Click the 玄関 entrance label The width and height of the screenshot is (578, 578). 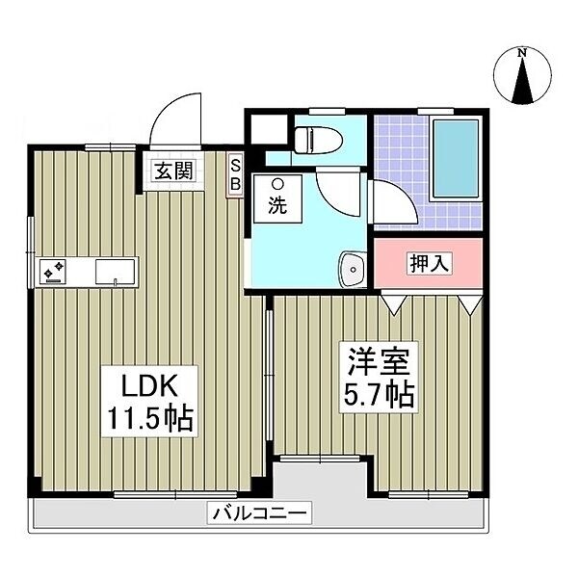(x=174, y=172)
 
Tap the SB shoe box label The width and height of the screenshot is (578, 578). (x=235, y=174)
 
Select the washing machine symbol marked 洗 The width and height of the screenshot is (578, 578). (x=276, y=197)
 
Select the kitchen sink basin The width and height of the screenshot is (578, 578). (x=115, y=271)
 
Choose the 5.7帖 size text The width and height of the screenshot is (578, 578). (x=380, y=395)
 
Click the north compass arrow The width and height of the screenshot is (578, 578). (x=522, y=81)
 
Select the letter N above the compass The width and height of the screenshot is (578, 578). (x=521, y=52)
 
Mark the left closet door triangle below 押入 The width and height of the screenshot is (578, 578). (x=392, y=302)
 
